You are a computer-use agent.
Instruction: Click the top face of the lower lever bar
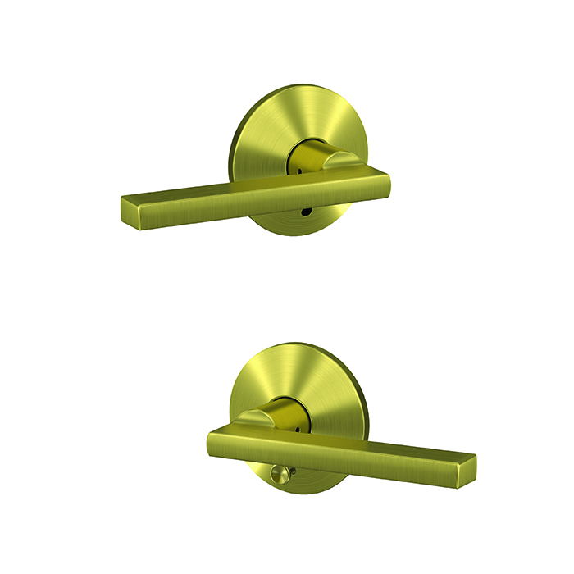(x=328, y=437)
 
